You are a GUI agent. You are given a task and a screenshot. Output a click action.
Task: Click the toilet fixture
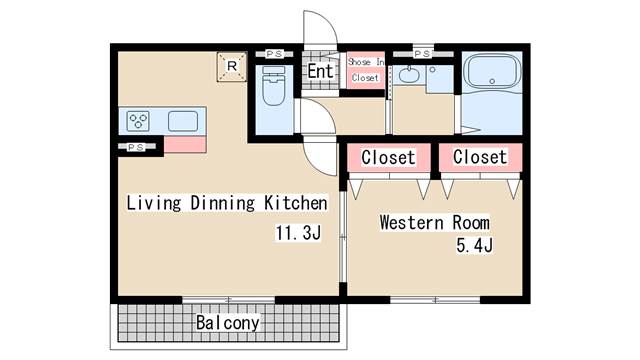tap(273, 86)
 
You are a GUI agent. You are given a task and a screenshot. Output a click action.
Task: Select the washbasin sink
tap(406, 75)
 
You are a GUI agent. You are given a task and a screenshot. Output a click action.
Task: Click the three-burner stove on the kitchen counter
tap(138, 121)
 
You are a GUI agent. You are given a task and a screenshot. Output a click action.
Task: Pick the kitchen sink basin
tap(183, 121)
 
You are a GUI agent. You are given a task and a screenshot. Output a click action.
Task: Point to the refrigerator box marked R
tap(232, 67)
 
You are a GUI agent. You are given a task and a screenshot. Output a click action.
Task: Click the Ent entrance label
tap(320, 71)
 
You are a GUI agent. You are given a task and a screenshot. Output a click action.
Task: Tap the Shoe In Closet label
tap(365, 70)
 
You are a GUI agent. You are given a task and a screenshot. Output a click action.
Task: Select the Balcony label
tap(227, 322)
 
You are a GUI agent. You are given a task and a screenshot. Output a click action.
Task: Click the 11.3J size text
tap(298, 233)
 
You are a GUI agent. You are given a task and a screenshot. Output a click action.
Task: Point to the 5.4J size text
tap(474, 245)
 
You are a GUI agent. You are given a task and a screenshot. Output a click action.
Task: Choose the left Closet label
tap(388, 157)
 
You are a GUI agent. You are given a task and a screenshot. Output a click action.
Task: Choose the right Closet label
tap(480, 157)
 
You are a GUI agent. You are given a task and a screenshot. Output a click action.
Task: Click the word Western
tap(411, 222)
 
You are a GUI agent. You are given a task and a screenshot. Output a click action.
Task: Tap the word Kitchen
tap(296, 203)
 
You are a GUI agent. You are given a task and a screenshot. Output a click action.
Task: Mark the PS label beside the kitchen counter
tap(136, 147)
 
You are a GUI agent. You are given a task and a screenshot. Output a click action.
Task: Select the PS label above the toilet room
tap(274, 54)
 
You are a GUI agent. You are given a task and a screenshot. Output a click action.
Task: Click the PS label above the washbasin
tap(422, 54)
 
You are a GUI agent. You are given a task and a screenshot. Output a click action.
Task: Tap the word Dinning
tap(223, 203)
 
